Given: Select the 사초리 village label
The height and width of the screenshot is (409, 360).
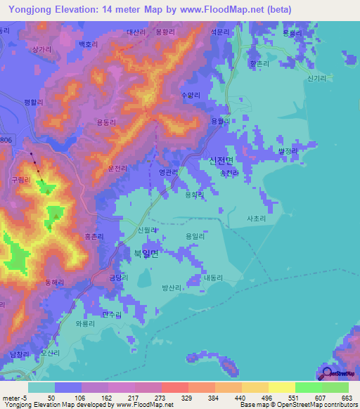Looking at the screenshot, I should tap(256, 219).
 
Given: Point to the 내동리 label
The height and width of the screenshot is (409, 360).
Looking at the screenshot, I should tap(212, 278).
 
